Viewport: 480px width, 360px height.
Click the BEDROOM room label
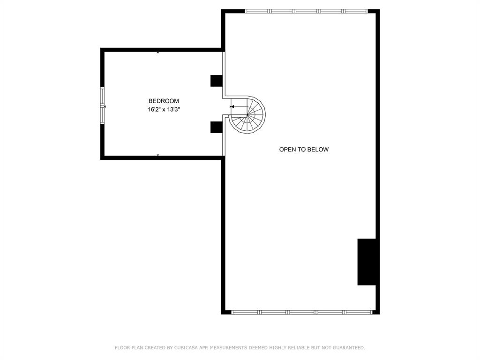click(164, 101)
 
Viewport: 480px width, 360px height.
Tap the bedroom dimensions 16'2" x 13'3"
click(164, 109)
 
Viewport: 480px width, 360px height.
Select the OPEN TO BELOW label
click(304, 150)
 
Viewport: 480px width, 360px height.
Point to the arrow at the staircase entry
click(232, 107)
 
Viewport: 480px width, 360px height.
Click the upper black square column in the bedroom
click(216, 81)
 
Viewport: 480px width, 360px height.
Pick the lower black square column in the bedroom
click(216, 127)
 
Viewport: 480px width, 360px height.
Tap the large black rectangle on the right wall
click(367, 262)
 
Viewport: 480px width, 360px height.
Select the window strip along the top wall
click(307, 11)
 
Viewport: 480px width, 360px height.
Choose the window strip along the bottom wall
click(302, 312)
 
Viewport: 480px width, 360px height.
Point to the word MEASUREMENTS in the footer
click(228, 348)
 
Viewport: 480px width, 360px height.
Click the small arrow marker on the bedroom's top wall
click(158, 52)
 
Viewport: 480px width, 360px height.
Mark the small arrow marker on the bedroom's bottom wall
click(158, 155)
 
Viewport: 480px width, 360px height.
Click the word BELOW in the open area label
click(318, 150)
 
